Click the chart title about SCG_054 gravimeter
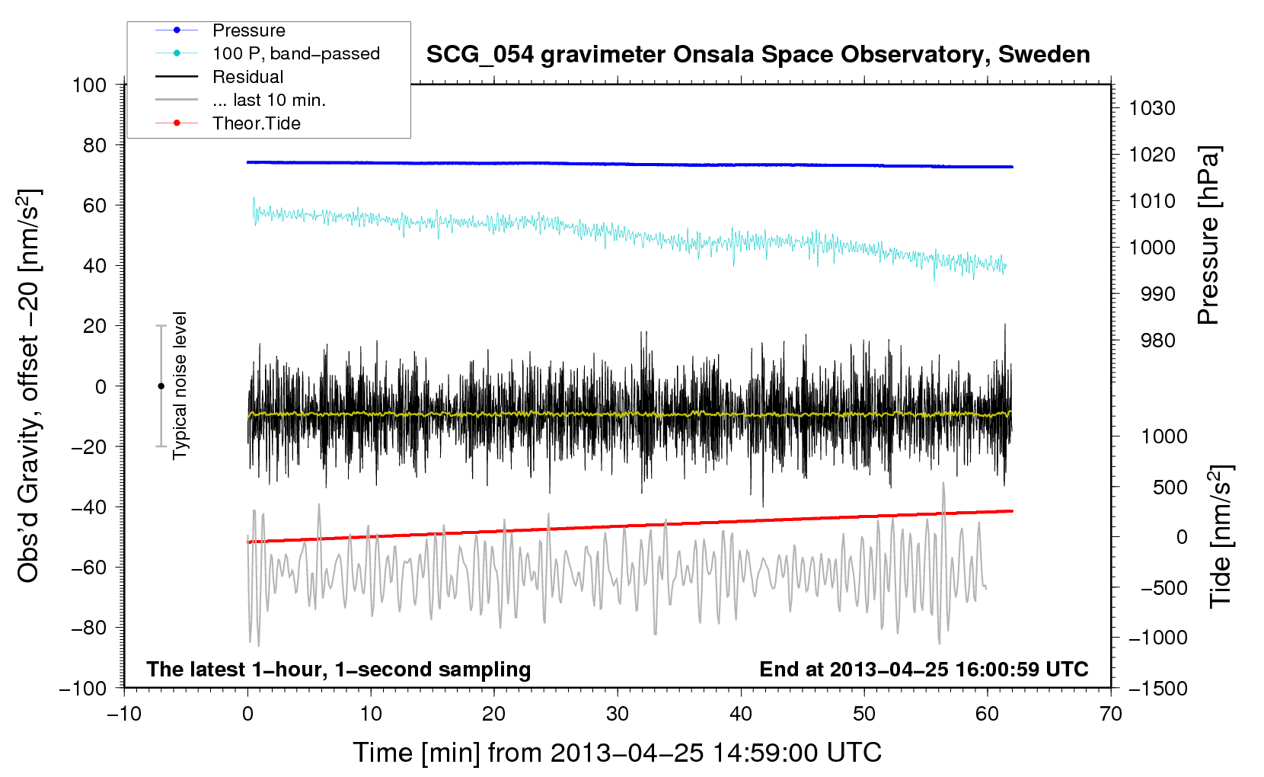758,55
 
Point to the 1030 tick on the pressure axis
1151,108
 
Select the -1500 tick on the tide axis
1157,688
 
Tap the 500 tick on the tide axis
1170,487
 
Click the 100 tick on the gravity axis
89,85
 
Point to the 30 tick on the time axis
618,714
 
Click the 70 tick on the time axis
1111,714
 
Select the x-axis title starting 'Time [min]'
617,753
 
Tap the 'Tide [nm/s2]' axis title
1221,536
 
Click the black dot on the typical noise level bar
161,386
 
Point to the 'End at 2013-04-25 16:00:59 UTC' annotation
924,669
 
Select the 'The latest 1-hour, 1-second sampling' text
339,669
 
